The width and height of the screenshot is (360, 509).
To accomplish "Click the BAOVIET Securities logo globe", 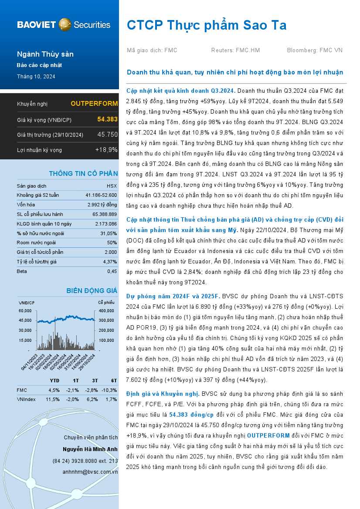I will [x=65, y=24].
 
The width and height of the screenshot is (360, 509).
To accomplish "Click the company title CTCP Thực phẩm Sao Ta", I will [x=207, y=25].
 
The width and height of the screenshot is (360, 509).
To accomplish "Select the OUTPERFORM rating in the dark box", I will [x=94, y=104].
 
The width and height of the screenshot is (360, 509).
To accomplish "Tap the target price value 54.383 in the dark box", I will [x=107, y=119].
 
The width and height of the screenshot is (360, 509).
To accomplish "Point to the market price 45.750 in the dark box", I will [x=107, y=135].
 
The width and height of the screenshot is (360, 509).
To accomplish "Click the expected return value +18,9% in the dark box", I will [x=106, y=150].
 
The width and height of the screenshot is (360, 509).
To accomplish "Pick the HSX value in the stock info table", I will [x=112, y=186].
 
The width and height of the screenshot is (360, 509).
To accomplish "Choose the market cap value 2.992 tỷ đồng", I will [x=102, y=205].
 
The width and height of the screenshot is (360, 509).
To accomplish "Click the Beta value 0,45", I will [x=112, y=271].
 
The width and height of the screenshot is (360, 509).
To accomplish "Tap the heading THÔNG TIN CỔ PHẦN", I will [x=83, y=173].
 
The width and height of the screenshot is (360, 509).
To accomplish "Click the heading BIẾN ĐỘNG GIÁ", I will [x=92, y=290].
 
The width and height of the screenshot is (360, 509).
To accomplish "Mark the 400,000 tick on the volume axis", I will [x=106, y=311].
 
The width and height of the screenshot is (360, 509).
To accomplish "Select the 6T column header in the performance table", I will [x=114, y=380].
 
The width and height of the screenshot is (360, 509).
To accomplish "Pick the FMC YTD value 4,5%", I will [x=54, y=390].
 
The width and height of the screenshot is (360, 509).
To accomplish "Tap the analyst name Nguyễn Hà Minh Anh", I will [x=90, y=449].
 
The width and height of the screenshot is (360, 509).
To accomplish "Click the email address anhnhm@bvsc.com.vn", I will [x=90, y=472].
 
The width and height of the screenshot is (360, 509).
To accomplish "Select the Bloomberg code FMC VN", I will [x=315, y=51].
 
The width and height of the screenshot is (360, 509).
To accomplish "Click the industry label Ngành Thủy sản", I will [x=45, y=54].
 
